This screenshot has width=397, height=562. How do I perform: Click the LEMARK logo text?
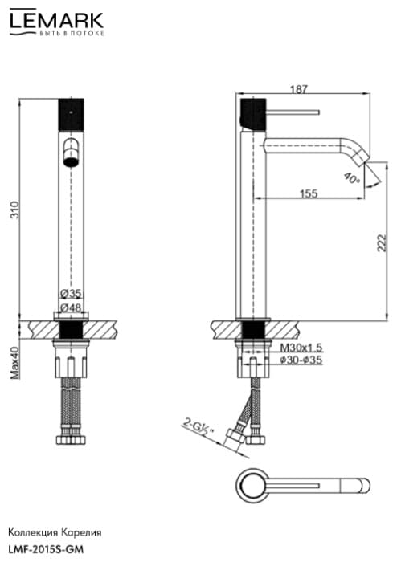[57, 20]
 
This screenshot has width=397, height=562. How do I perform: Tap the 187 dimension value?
[299, 89]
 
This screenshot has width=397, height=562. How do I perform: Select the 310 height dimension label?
[14, 210]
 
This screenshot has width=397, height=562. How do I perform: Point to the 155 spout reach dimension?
[309, 193]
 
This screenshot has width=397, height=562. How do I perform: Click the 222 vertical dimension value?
[383, 243]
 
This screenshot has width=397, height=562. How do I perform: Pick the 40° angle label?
[351, 177]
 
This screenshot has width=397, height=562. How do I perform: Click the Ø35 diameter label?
[71, 294]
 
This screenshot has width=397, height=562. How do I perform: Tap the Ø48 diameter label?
[71, 307]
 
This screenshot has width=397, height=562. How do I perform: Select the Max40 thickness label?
[14, 363]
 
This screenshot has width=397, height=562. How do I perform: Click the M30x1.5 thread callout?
[301, 348]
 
